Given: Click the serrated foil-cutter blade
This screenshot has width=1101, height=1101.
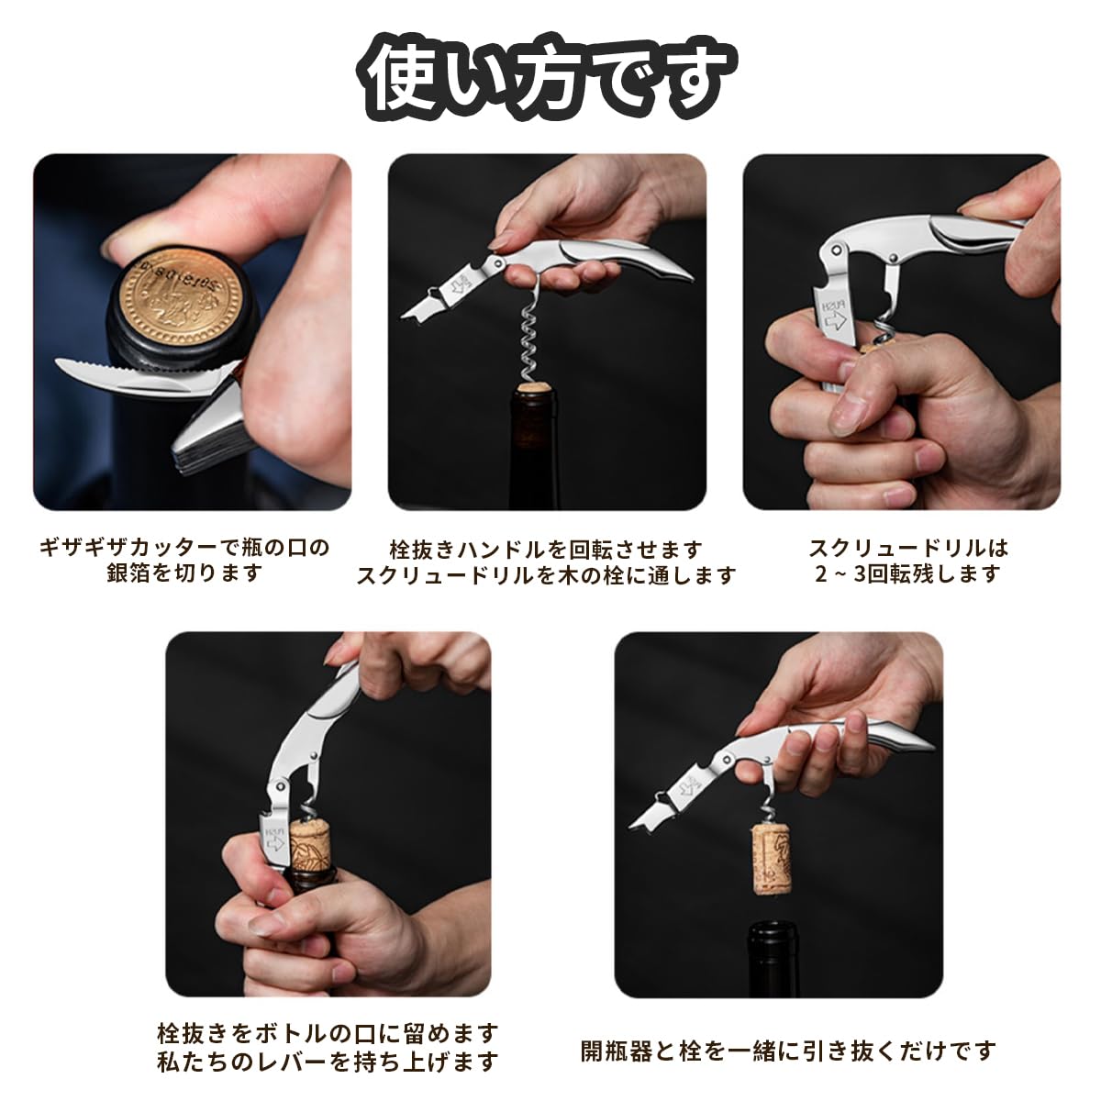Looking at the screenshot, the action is (148, 374).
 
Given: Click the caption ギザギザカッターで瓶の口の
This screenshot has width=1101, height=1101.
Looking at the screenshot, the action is (184, 548).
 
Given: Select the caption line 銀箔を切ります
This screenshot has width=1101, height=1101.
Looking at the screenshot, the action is (184, 573).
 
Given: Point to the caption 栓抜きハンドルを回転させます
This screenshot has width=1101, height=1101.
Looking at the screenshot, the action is (546, 550).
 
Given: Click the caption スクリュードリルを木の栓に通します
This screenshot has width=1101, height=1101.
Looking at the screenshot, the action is (546, 575).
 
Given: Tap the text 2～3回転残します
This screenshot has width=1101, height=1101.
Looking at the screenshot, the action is (907, 573).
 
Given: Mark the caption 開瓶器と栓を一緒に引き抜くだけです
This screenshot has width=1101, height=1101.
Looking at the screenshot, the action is (788, 1051).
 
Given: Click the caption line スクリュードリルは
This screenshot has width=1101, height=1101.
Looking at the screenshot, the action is (908, 548).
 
